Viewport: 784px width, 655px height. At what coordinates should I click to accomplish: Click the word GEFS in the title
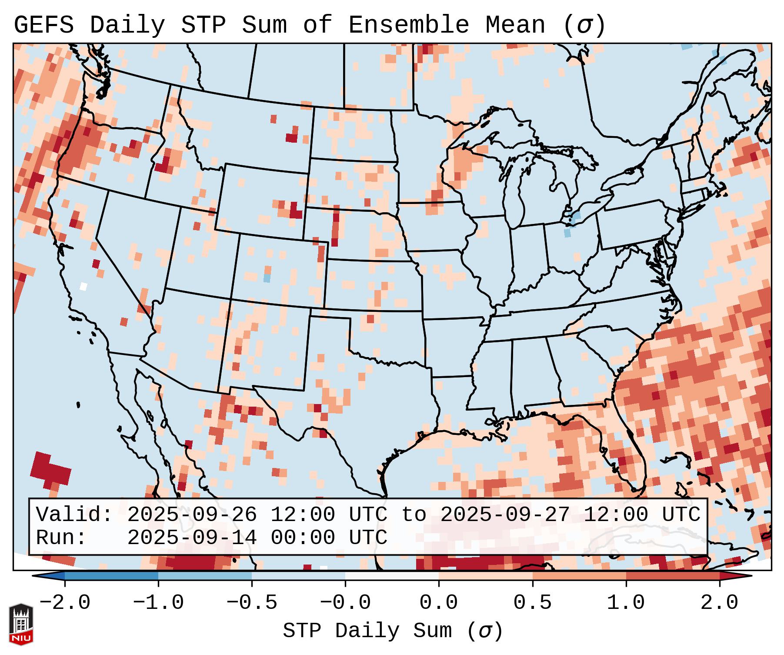[43, 25]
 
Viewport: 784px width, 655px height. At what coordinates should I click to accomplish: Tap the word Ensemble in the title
[408, 25]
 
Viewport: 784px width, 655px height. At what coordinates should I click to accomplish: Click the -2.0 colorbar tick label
[65, 603]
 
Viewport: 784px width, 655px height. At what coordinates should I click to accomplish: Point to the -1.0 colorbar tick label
[158, 603]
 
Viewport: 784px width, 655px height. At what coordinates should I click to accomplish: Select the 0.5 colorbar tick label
[532, 603]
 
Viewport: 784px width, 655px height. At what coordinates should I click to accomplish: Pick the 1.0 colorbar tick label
[626, 603]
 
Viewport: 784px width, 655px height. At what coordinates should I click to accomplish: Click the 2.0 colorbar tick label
[719, 603]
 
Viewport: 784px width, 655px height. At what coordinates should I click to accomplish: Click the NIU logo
[21, 624]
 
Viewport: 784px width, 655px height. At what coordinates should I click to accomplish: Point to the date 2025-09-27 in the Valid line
[505, 515]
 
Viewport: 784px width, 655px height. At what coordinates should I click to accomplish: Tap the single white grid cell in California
[83, 286]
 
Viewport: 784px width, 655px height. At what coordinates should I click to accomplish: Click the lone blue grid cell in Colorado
[267, 277]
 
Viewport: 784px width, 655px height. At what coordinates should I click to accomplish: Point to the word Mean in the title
[515, 25]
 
